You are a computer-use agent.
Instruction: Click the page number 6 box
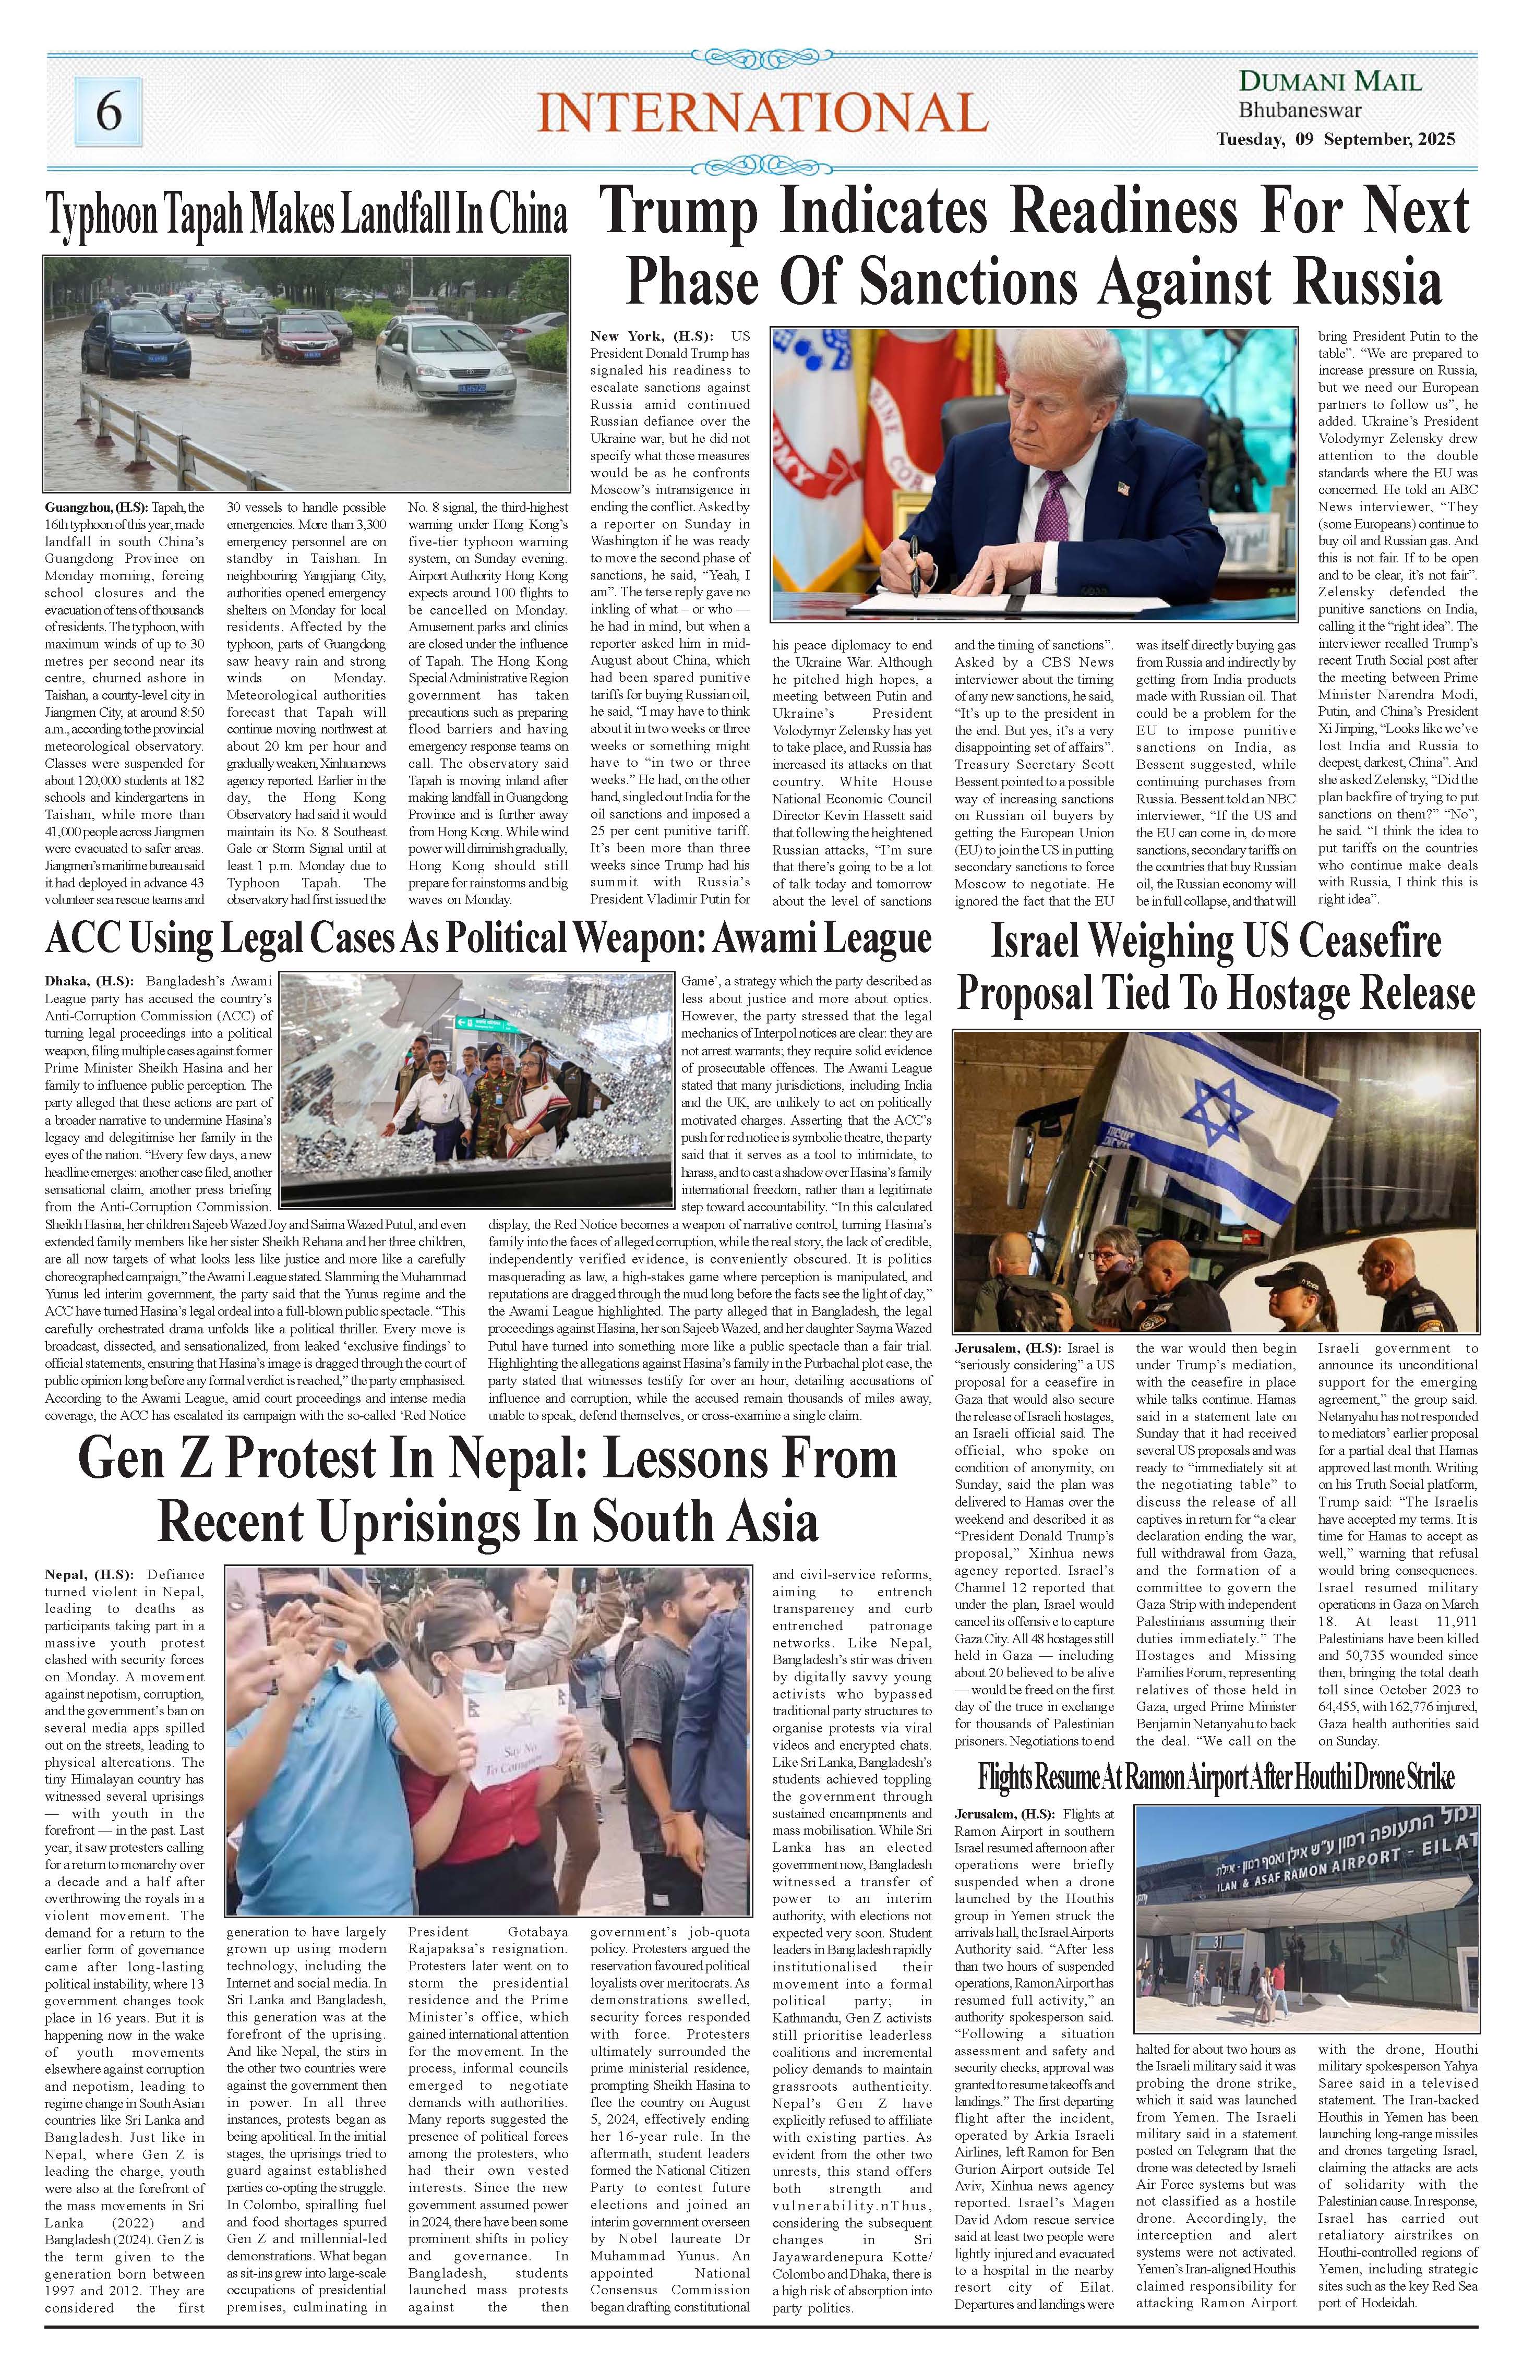pos(108,112)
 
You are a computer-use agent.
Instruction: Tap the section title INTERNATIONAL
pos(762,112)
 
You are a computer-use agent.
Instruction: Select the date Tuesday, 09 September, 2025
pos(1335,139)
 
